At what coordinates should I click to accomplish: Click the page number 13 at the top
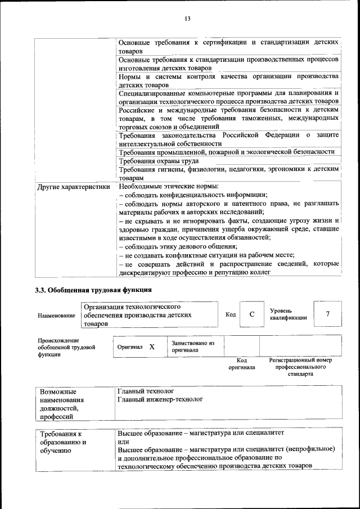[187, 19]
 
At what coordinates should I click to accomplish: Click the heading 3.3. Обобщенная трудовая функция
[93, 290]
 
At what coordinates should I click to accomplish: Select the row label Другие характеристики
[73, 187]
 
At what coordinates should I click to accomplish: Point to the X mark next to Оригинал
[152, 347]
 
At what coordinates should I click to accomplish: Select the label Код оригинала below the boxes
[242, 363]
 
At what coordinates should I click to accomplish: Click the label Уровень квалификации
[288, 314]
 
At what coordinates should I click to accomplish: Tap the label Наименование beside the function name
[57, 316]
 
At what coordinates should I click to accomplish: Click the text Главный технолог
[146, 390]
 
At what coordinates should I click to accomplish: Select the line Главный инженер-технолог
[160, 399]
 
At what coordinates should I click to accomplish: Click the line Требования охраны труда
[159, 161]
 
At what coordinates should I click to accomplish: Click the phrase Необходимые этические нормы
[169, 186]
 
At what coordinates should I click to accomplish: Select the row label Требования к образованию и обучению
[63, 442]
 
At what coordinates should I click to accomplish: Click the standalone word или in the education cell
[124, 442]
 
